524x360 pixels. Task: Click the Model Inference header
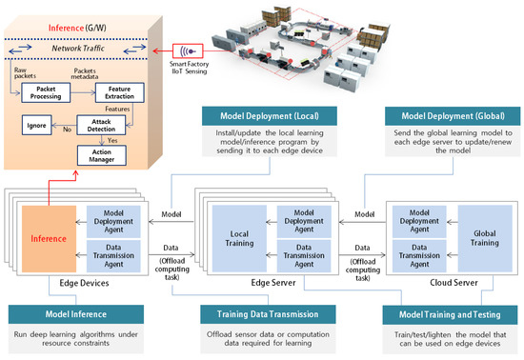tap(78, 313)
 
